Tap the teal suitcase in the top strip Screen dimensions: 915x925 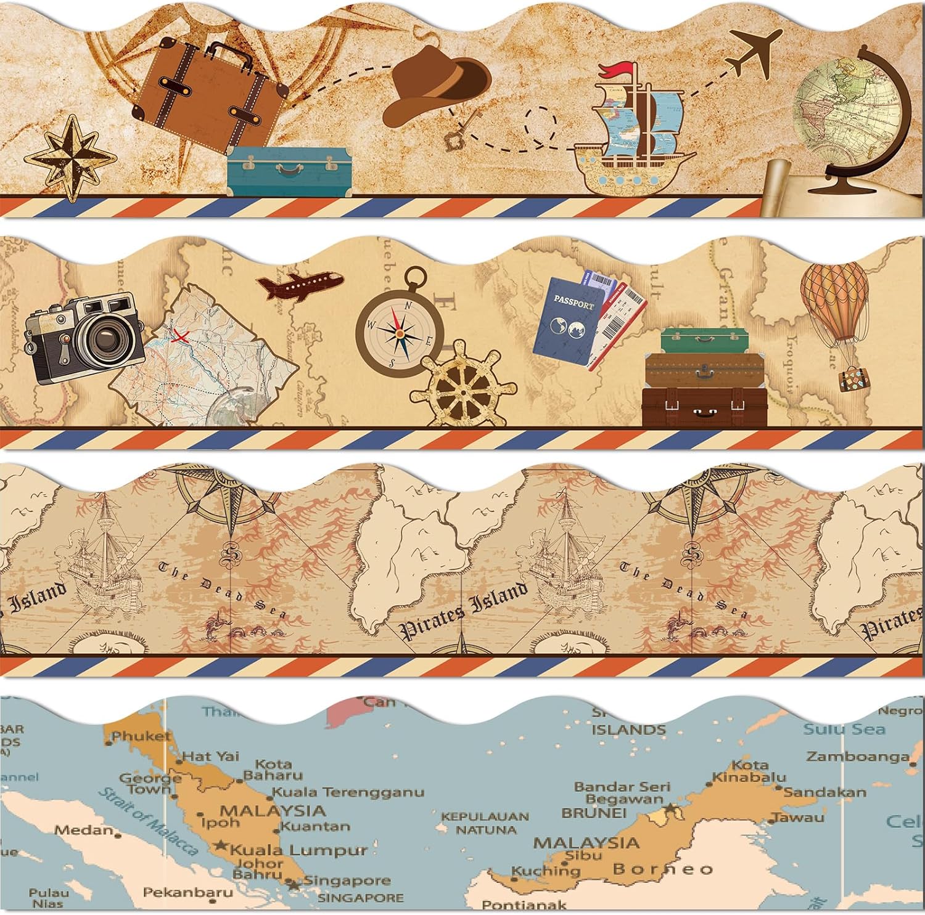click(289, 169)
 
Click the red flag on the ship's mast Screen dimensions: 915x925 click(613, 70)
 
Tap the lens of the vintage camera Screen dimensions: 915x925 click(107, 339)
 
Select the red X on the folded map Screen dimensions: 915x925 click(180, 336)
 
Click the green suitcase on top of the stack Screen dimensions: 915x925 click(704, 340)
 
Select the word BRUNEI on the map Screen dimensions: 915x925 click(594, 813)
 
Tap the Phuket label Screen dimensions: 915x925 click(141, 736)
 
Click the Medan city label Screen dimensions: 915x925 click(84, 830)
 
